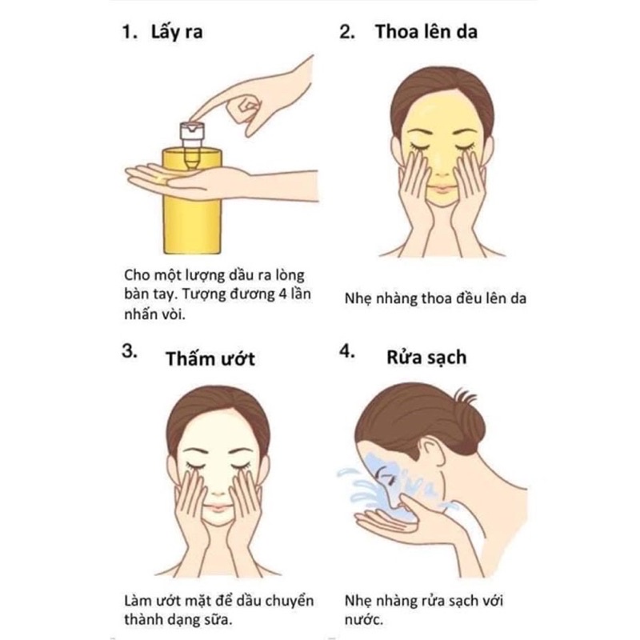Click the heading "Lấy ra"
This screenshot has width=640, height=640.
[177, 32]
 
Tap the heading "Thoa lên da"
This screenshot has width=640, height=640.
[426, 32]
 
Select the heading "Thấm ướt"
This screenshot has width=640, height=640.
[210, 358]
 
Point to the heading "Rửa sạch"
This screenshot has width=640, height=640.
[426, 358]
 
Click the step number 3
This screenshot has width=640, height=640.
[130, 351]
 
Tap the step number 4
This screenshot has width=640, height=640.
[347, 351]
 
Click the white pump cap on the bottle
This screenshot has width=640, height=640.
[192, 130]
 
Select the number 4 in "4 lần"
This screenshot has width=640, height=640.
[283, 294]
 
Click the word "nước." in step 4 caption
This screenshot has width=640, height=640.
[364, 619]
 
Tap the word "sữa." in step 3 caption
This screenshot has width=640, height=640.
[217, 619]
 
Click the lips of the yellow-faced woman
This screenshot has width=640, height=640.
[442, 189]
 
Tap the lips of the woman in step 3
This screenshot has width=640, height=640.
[218, 508]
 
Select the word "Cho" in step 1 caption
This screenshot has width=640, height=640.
[136, 274]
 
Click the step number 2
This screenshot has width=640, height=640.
[347, 32]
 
